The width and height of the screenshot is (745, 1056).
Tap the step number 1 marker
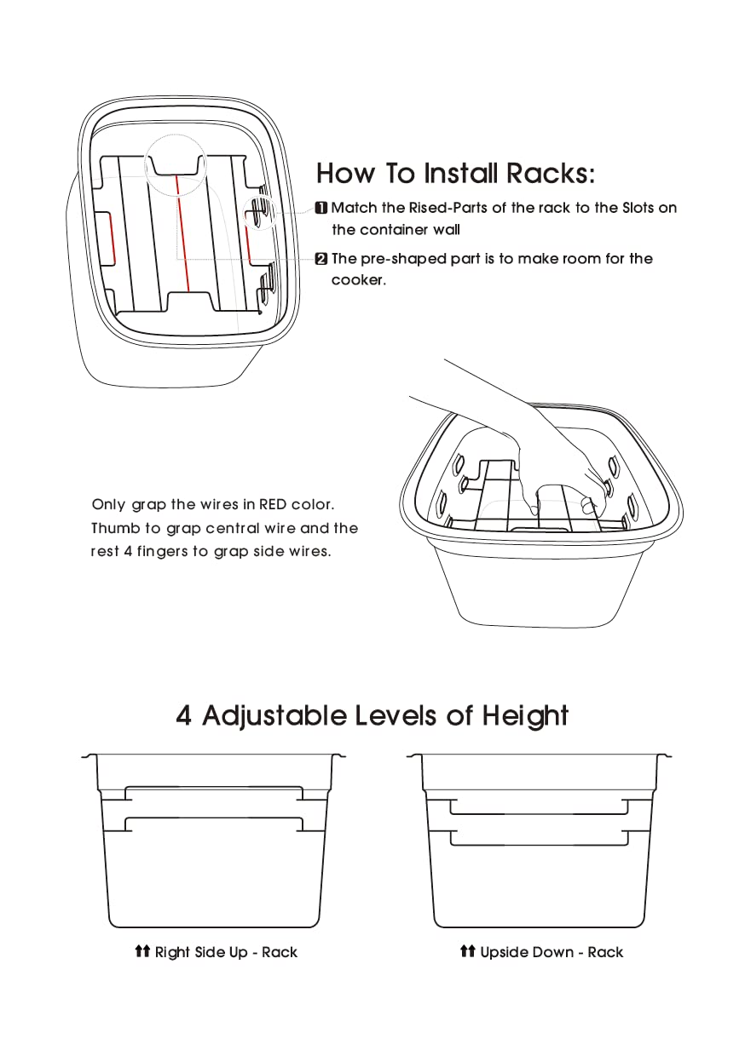click(321, 208)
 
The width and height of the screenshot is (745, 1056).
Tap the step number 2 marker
click(321, 259)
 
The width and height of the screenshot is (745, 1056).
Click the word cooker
click(357, 280)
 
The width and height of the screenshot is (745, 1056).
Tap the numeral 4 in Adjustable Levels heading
click(184, 715)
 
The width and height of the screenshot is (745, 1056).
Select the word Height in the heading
click(525, 715)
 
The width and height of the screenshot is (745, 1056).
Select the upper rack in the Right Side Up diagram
click(214, 792)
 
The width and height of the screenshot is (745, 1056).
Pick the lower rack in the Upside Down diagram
click(539, 838)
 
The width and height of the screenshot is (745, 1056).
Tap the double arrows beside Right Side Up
click(142, 951)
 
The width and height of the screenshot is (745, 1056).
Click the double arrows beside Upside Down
click(467, 951)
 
